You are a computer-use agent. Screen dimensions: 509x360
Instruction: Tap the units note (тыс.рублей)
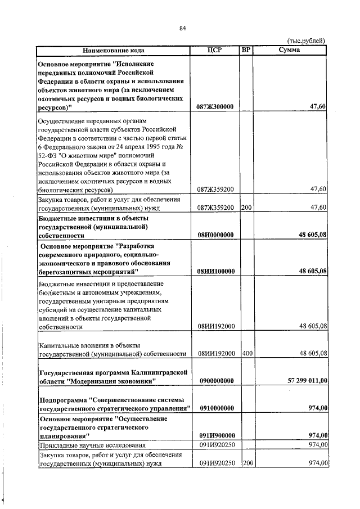point(306,41)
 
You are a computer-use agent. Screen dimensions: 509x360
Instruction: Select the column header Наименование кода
point(113,50)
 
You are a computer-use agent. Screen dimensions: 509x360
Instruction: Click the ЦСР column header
point(215,50)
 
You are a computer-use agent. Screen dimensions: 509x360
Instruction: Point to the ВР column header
point(245,50)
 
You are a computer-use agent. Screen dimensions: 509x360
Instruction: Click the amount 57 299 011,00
point(307,381)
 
